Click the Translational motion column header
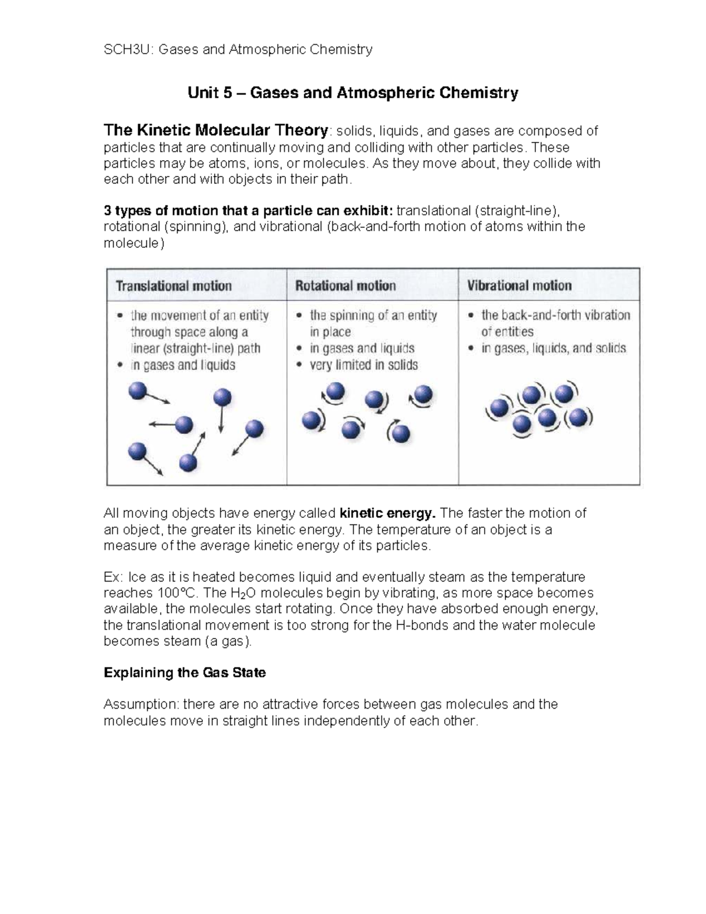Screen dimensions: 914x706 pyautogui.click(x=174, y=286)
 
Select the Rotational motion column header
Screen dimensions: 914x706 pyautogui.click(x=345, y=286)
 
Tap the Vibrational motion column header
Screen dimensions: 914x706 pyautogui.click(x=519, y=285)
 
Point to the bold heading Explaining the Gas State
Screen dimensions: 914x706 pyautogui.click(x=184, y=673)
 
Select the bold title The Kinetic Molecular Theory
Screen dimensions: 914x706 pyautogui.click(x=215, y=130)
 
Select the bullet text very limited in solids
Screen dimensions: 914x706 pyautogui.click(x=364, y=365)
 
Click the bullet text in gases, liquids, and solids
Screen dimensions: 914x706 pyautogui.click(x=554, y=348)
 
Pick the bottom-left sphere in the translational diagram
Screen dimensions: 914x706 pyautogui.click(x=136, y=452)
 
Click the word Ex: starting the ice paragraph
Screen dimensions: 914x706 pyautogui.click(x=114, y=577)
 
